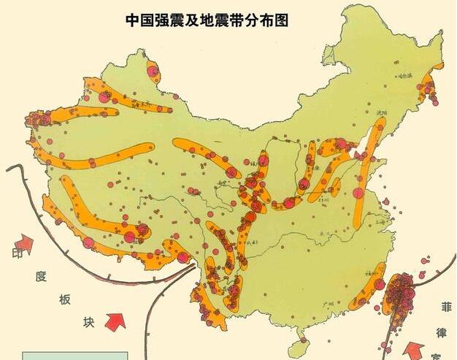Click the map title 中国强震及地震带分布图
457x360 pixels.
[207, 20]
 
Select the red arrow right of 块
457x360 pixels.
[115, 320]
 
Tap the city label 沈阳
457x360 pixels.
[380, 114]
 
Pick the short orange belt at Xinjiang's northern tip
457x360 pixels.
[153, 72]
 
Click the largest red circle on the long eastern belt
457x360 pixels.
[358, 194]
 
